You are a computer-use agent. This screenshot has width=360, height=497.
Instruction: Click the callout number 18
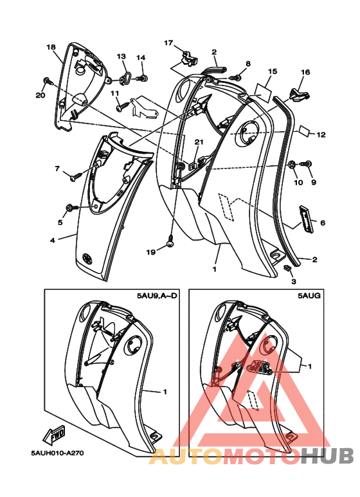(51, 47)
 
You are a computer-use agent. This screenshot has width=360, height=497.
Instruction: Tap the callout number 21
(199, 142)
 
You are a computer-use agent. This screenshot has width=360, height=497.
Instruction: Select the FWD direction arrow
(54, 435)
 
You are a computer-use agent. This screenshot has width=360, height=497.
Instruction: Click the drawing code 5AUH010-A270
(57, 453)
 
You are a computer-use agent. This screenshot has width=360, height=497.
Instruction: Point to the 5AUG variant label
(309, 296)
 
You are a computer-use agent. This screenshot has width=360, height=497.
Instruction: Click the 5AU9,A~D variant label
(157, 296)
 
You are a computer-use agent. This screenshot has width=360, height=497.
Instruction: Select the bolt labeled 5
(71, 208)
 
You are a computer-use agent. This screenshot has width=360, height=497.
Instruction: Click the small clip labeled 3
(287, 267)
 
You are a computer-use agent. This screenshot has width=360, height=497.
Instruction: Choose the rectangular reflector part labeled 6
(306, 219)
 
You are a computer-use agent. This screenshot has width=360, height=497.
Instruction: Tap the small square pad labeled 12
(305, 130)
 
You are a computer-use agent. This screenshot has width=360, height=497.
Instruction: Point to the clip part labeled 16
(299, 94)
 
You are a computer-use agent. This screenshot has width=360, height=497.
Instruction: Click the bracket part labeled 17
(189, 59)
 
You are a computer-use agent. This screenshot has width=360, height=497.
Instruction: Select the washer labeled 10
(292, 164)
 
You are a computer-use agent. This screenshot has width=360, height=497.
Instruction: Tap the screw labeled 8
(235, 77)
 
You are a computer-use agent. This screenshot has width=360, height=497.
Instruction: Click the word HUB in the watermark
(327, 455)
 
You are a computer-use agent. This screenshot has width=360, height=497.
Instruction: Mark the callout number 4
(53, 240)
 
